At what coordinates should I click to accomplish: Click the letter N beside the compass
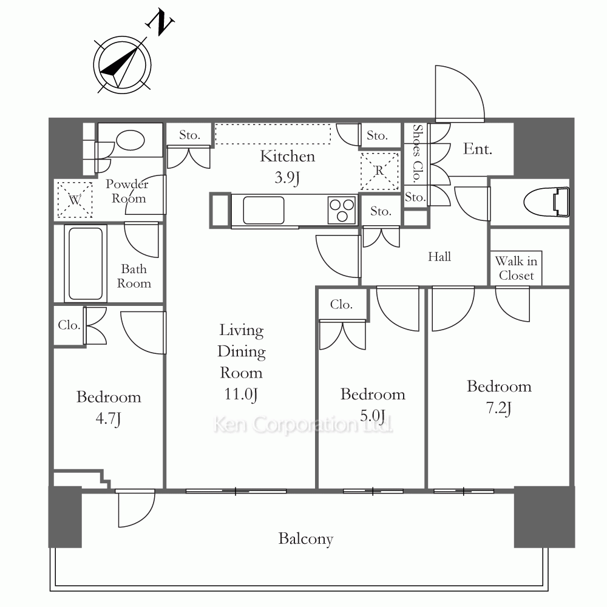tap(160, 23)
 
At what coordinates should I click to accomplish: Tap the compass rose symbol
tap(122, 65)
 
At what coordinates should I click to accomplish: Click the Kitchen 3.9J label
tap(287, 167)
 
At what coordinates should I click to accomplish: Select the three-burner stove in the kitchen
tap(341, 210)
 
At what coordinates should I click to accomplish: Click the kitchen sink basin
tap(263, 210)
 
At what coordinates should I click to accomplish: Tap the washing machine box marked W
tap(75, 200)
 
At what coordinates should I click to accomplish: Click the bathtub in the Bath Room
tap(86, 263)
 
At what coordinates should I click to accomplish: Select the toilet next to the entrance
tap(546, 202)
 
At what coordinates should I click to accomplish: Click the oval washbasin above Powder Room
tap(131, 140)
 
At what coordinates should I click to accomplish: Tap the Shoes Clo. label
tap(416, 154)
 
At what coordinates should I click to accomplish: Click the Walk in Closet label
tap(516, 268)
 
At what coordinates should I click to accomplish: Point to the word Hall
tap(439, 256)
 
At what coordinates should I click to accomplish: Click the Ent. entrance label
tap(478, 149)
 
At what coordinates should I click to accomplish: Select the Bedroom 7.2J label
tap(499, 397)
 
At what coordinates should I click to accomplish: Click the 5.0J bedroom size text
tap(373, 416)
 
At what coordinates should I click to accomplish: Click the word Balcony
tap(306, 539)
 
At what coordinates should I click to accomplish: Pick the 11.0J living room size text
tap(241, 395)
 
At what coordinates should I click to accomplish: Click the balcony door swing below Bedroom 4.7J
tap(135, 508)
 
